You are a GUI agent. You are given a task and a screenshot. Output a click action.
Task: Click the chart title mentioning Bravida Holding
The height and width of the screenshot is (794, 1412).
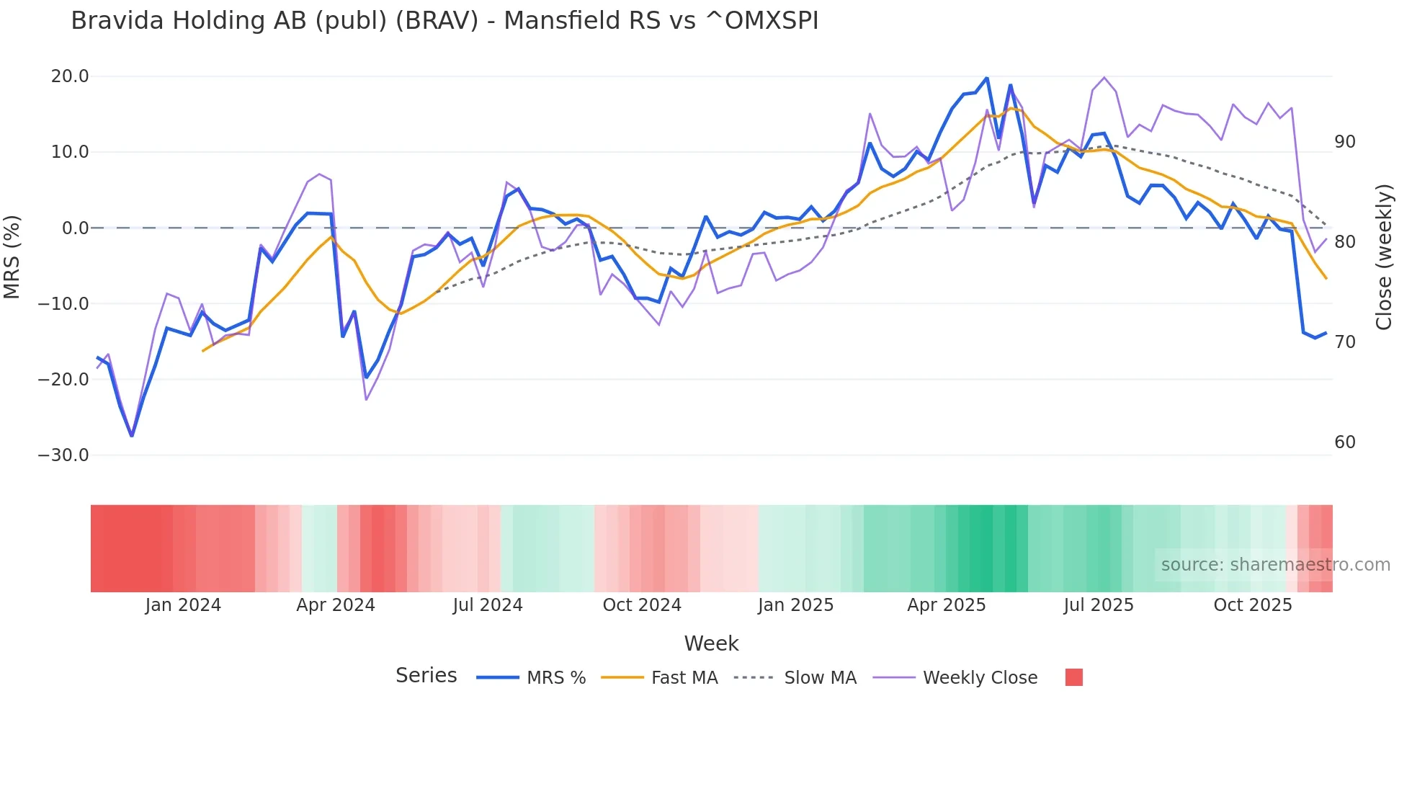444,21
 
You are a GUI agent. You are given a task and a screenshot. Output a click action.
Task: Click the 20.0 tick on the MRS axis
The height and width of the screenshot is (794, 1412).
70,76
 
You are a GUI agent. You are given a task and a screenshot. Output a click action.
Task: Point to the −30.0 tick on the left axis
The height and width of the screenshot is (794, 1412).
63,455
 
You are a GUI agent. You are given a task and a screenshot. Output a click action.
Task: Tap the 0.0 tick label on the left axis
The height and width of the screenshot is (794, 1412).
75,228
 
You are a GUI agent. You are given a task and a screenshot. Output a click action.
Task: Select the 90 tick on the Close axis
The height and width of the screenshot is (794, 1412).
1344,142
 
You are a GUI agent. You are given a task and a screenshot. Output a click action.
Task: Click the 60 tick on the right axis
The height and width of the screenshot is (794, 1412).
1344,442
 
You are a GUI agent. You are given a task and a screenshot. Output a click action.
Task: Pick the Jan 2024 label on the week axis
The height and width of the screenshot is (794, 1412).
183,605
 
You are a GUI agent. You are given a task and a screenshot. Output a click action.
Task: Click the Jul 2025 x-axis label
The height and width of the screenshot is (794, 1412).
1098,605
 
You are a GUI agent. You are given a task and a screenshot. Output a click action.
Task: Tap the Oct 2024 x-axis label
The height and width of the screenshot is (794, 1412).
642,605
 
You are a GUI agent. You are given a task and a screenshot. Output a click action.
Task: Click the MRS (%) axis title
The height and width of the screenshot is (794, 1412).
12,257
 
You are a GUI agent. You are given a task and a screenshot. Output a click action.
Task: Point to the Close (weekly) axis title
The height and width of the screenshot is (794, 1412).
1383,257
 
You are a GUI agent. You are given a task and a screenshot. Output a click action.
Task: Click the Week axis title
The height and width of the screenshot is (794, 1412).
711,643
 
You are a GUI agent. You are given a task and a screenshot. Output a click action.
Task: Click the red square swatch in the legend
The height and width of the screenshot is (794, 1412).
1073,677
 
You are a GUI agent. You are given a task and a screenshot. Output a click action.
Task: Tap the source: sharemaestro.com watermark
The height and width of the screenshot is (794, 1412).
1275,565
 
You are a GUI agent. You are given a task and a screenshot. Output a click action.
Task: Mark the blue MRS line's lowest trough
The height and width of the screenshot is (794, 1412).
132,435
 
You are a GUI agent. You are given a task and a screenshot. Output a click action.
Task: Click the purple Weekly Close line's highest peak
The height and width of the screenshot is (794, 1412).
1104,77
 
